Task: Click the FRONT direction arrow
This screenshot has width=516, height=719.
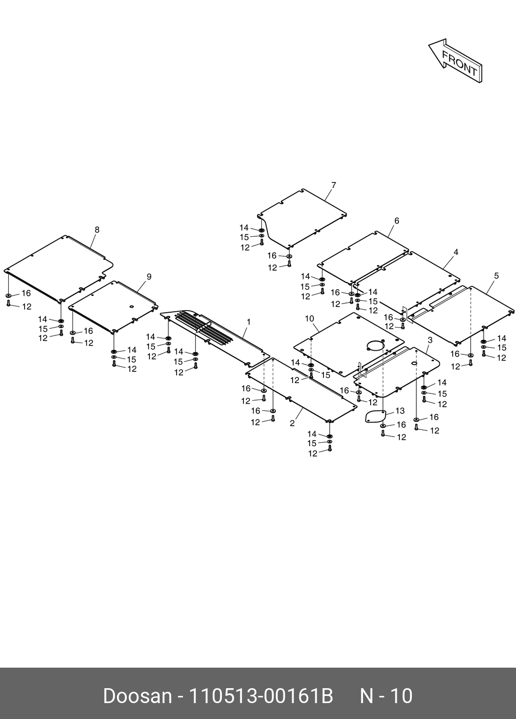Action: coord(455,61)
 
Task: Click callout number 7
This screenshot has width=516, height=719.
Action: coord(333,185)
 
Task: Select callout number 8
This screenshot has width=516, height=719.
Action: coord(97,230)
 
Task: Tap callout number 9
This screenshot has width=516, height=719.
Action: coord(149,276)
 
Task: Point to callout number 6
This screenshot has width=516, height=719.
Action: coord(396,221)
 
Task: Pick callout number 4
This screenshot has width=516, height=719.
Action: coord(455,252)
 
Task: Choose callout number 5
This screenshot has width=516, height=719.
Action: coord(496,276)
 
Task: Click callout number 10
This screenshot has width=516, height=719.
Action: coord(309,319)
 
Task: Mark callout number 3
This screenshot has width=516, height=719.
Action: coord(429,340)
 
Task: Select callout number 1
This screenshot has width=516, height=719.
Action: coord(249,322)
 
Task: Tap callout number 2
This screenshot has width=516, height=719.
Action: coord(292,423)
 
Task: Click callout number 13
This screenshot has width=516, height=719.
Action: coord(399,411)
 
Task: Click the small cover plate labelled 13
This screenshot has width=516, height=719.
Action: coord(375,415)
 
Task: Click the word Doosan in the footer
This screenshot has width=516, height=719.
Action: coord(137,696)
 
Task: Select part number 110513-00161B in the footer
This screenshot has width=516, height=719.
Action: coord(261,696)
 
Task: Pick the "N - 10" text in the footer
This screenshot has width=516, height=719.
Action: coord(386,696)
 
